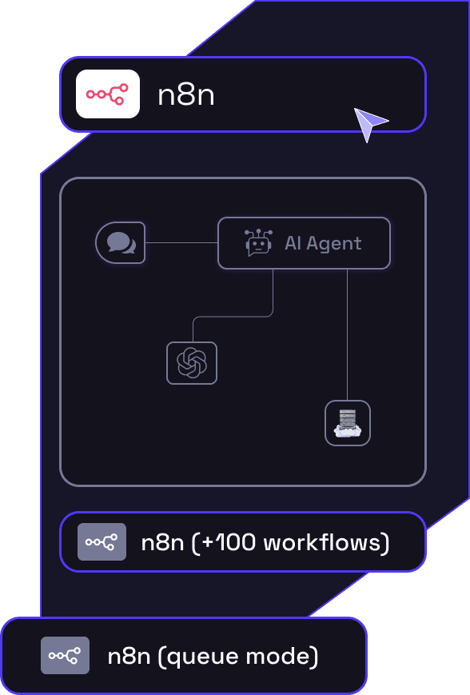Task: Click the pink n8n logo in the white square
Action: point(108,94)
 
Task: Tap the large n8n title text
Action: point(186,95)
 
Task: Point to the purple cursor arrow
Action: point(369,123)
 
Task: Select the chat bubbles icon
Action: point(121,242)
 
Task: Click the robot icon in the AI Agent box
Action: point(258,243)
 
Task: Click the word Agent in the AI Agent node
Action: point(335,243)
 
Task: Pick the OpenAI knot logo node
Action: point(192,363)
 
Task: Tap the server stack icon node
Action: point(348,423)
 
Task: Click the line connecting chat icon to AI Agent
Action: point(181,242)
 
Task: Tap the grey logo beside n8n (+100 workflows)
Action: point(102,541)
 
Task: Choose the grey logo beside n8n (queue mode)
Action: point(65,656)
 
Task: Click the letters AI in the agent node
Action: point(293,243)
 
